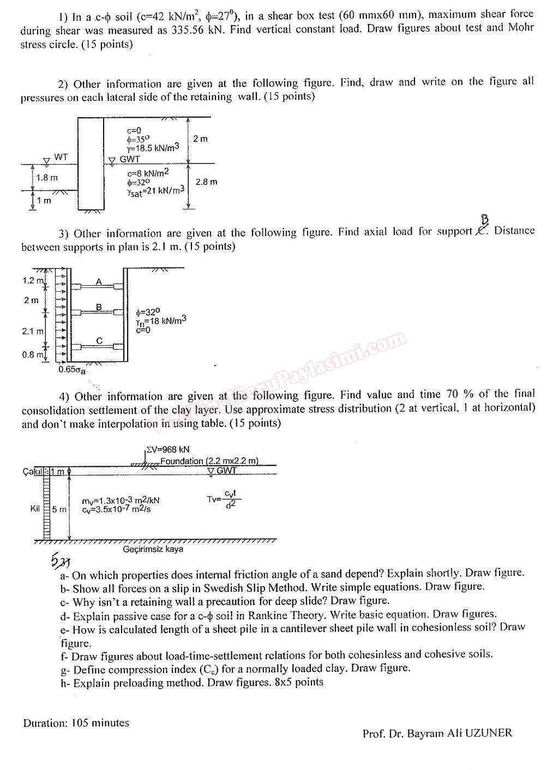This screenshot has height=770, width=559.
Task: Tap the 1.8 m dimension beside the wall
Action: [x=47, y=178]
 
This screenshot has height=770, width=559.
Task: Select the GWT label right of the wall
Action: [x=130, y=159]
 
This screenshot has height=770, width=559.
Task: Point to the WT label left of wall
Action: [x=61, y=157]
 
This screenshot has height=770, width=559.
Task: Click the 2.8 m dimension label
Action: [x=206, y=182]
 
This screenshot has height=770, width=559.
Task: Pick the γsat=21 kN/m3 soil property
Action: [x=155, y=190]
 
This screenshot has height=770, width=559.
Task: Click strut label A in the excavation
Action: [x=99, y=281]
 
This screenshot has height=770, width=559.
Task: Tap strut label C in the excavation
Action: [x=99, y=341]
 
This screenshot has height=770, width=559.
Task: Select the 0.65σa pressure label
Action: [x=72, y=370]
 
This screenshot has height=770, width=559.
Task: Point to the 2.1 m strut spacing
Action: [x=32, y=331]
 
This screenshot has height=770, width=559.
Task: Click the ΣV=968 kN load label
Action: [x=169, y=450]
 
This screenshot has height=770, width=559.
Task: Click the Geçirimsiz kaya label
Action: [x=153, y=549]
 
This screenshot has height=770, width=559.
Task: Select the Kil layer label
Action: [x=35, y=508]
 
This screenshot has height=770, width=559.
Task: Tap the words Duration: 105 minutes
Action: [x=76, y=723]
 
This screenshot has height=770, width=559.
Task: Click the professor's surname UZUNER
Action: [x=489, y=733]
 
